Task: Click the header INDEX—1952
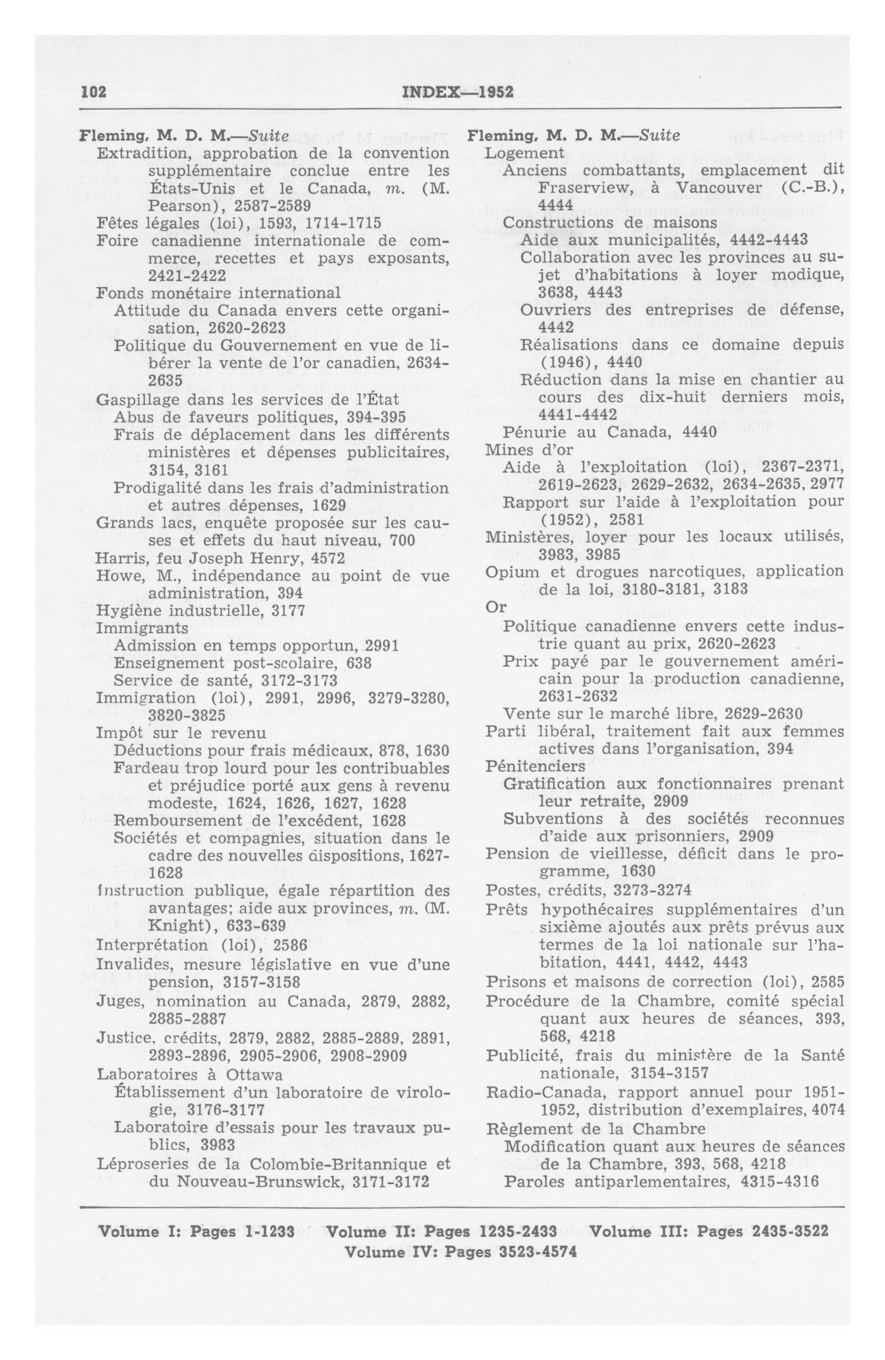pos(458,92)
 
